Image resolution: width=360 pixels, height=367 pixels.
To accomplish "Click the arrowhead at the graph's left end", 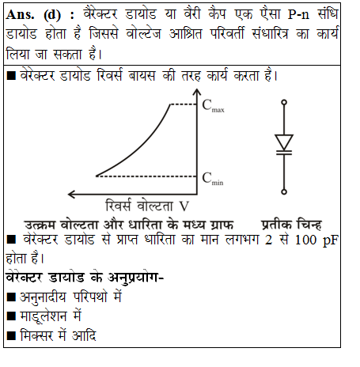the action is tap(73, 192).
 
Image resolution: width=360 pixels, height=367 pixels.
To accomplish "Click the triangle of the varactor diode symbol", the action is tap(285, 142).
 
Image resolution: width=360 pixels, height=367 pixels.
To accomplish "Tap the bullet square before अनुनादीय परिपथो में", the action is tap(11, 297).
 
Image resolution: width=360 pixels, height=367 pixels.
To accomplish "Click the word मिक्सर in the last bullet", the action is tap(40, 336).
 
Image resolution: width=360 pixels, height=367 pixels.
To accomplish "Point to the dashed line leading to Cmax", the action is tap(187, 104).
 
